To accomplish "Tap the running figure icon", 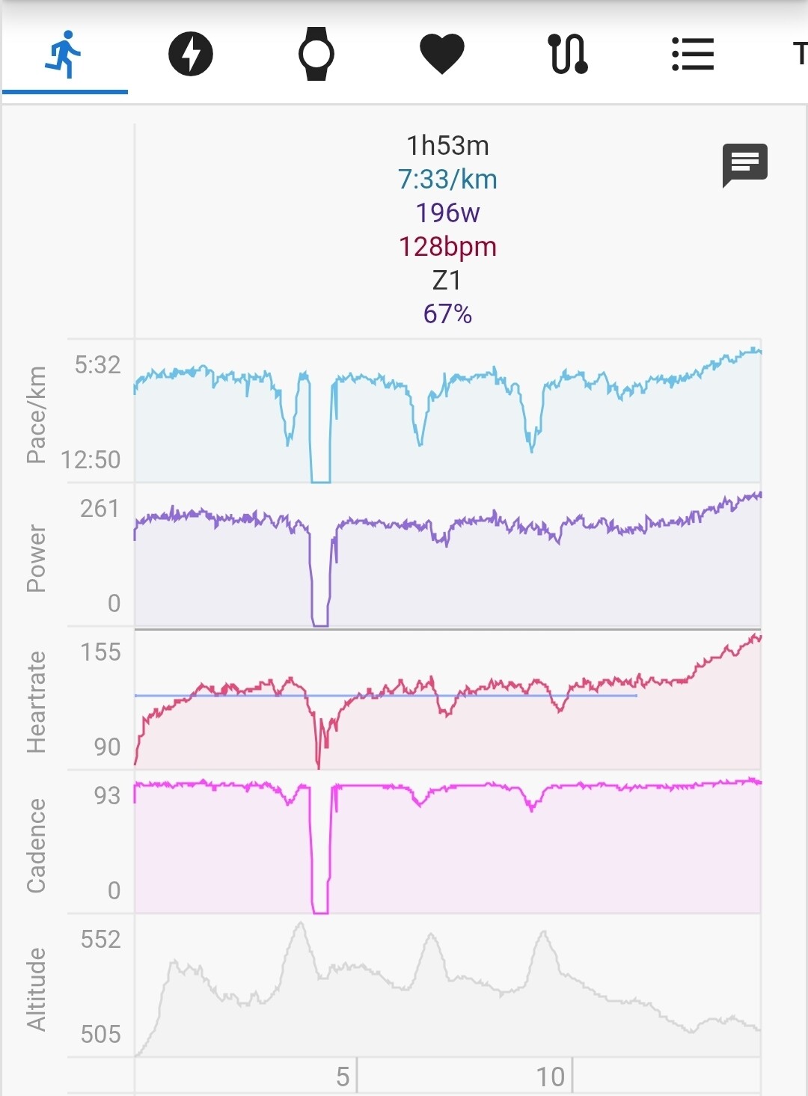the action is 63,54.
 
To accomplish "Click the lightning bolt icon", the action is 190,54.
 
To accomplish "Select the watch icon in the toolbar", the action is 316,53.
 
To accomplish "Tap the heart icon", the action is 442,54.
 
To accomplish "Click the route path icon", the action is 568,54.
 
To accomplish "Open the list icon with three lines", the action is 693,54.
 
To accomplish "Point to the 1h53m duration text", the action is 448,146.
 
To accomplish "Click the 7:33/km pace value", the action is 448,179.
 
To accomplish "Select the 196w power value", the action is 448,212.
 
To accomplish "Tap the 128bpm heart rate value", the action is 448,247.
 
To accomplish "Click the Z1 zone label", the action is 447,281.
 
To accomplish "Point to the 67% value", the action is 448,313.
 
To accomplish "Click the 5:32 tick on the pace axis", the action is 97,365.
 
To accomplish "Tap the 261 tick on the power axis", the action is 100,509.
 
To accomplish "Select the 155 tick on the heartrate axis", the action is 100,652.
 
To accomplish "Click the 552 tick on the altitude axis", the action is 100,940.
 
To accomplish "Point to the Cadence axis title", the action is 36,845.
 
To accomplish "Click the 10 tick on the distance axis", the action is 551,1077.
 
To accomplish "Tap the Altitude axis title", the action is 36,989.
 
